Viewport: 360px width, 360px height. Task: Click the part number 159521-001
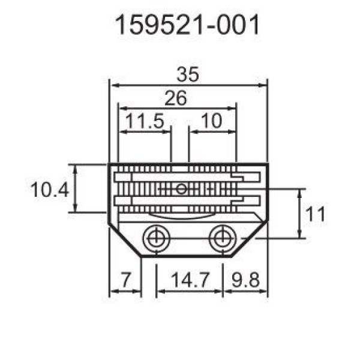[187, 25]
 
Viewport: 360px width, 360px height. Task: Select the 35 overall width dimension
[188, 74]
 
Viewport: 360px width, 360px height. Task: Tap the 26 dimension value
[176, 98]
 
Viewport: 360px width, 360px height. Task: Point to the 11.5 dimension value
[145, 121]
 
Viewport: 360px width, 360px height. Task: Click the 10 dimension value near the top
[211, 121]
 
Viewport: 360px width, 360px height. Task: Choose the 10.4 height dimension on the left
[50, 190]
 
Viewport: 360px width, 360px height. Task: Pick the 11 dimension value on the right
[316, 214]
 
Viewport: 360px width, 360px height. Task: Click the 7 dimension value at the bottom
[126, 280]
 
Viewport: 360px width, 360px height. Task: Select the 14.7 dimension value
[190, 280]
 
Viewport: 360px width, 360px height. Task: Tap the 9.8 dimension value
[245, 280]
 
